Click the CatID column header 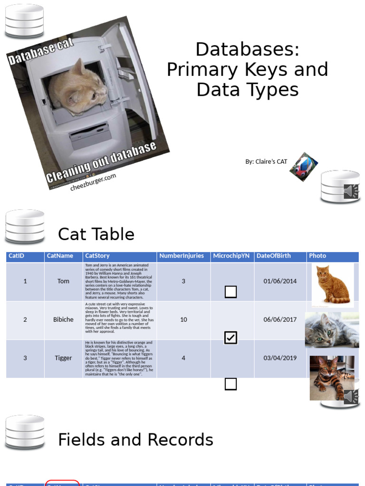point(17,256)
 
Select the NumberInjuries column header point(181,256)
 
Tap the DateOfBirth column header point(273,256)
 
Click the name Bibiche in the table point(63,319)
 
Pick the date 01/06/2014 point(280,281)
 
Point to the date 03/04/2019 point(280,358)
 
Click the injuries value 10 point(183,319)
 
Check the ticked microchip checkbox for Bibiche point(231,337)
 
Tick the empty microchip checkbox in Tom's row point(231,292)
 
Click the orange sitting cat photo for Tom point(332,284)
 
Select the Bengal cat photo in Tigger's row point(331,377)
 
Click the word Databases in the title point(247,49)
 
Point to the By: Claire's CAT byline point(266,161)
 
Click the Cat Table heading point(96,234)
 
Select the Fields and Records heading point(135,440)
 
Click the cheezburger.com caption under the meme point(93,182)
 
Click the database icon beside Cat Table point(25,226)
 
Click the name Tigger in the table point(63,358)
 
